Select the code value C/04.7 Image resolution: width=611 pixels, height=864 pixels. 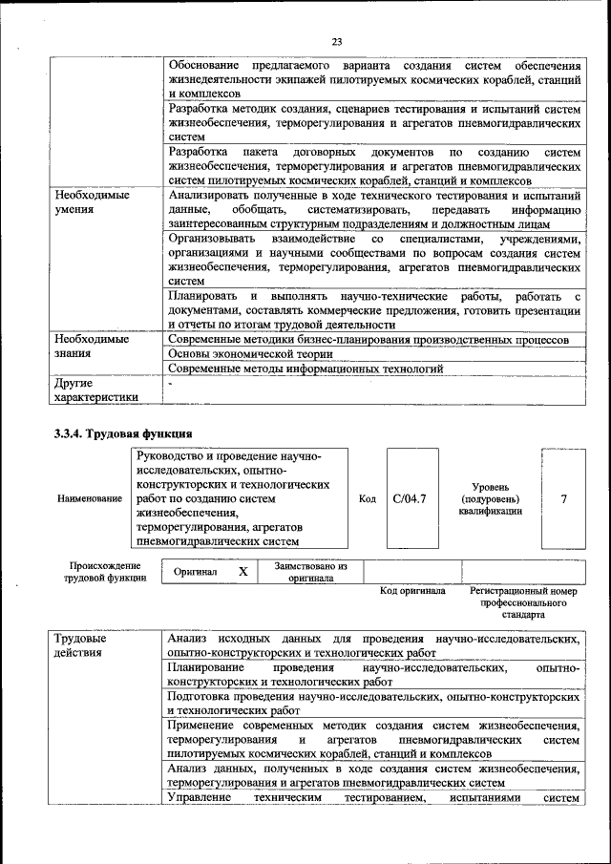coord(409,498)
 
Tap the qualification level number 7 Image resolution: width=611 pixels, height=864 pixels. coord(563,498)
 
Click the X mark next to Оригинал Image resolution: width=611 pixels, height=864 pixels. coord(242,571)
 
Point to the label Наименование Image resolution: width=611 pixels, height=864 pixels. coord(90,498)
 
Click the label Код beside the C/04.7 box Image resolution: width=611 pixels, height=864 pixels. coord(367,498)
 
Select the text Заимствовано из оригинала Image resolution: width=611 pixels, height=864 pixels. coord(310,571)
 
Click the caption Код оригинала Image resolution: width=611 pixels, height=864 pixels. coord(412,591)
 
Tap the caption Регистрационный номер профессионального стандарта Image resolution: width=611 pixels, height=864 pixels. coord(523,603)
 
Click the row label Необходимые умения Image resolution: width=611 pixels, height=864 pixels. coord(91,201)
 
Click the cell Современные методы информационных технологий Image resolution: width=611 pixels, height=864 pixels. coord(305,368)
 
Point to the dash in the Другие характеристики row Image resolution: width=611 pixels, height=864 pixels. coord(170,382)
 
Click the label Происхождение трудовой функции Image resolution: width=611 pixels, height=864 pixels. coord(105,571)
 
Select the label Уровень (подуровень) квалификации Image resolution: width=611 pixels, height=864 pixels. coord(490,498)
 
